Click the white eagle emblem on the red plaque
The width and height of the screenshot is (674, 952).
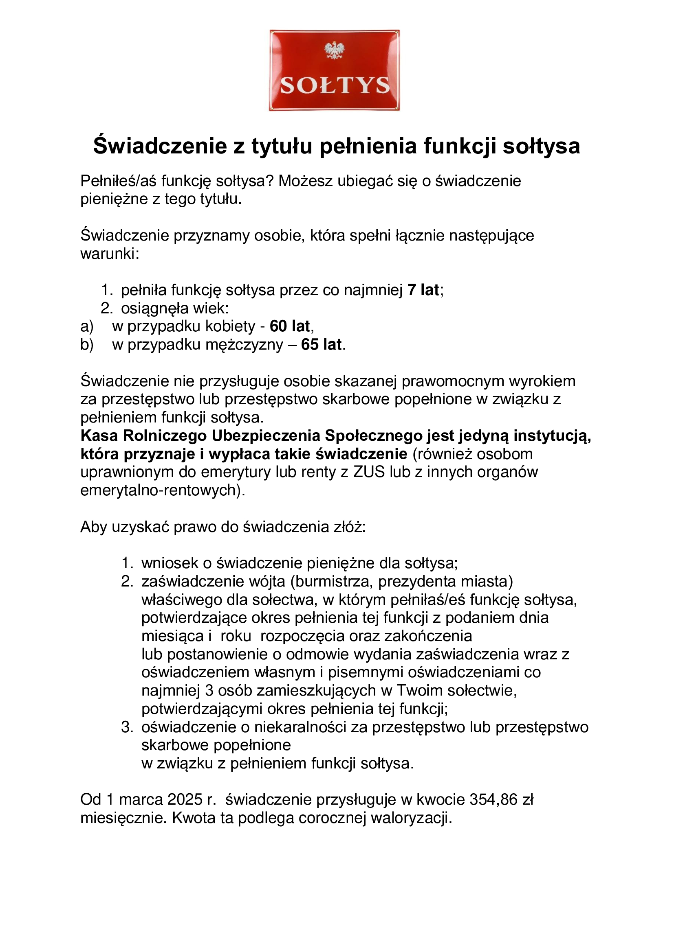pyautogui.click(x=335, y=50)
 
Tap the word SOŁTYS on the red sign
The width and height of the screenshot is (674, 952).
pyautogui.click(x=335, y=85)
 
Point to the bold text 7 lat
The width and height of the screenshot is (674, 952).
pyautogui.click(x=423, y=290)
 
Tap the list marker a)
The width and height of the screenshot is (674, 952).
pyautogui.click(x=87, y=327)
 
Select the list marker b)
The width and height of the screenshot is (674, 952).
pyautogui.click(x=87, y=345)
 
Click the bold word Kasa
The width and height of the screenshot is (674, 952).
pyautogui.click(x=99, y=436)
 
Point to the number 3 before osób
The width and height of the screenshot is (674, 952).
pyautogui.click(x=209, y=691)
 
